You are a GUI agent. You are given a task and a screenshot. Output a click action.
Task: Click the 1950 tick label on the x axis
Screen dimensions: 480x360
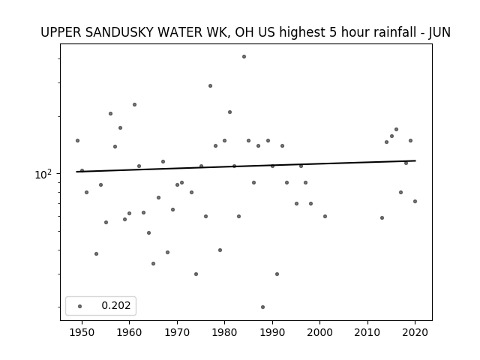tap(82, 332)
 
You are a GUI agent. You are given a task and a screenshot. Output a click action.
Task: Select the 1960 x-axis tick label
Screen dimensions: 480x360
tap(129, 332)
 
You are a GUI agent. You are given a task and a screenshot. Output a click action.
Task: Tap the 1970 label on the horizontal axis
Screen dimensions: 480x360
tap(177, 332)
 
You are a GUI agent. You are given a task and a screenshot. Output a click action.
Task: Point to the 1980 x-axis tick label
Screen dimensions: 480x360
tap(224, 332)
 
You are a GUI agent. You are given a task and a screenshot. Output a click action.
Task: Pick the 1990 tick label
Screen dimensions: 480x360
tap(272, 332)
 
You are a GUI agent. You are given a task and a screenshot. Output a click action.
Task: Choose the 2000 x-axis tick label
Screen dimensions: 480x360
tap(319, 332)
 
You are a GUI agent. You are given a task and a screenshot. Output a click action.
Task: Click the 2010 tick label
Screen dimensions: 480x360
tap(367, 332)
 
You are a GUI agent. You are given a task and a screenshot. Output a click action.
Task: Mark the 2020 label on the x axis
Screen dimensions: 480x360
tap(415, 332)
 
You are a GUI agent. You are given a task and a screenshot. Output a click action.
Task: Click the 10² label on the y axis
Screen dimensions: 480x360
tap(43, 174)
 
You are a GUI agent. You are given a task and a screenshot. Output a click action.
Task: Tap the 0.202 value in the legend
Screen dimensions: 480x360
tap(116, 305)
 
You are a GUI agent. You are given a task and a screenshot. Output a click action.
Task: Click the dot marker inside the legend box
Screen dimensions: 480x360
tap(80, 306)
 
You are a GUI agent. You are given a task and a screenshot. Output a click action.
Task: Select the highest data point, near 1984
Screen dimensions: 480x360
tap(244, 57)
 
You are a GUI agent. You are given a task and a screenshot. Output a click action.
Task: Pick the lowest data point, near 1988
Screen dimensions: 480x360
tap(262, 307)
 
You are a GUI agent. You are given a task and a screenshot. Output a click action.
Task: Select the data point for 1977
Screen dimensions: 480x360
tap(210, 86)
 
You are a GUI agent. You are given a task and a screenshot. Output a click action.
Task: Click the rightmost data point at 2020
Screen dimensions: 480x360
tap(415, 202)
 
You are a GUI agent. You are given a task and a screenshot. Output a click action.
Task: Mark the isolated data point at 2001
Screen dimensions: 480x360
tap(325, 217)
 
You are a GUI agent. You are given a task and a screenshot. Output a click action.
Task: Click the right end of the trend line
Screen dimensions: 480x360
tap(415, 160)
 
